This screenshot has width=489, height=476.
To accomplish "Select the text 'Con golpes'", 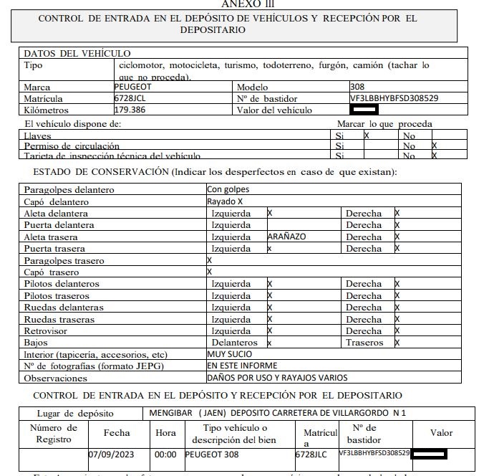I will coord(228,190).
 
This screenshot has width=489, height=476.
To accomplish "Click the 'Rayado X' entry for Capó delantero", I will coord(225,201).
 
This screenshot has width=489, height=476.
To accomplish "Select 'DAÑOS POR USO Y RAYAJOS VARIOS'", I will coord(276,377).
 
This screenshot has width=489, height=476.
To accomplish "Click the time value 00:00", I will coord(165,454).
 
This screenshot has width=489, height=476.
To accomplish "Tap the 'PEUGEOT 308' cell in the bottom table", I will coord(213,454).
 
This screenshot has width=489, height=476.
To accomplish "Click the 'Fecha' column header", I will coord(117,433).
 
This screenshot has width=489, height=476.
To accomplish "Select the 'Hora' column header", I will coord(165,433).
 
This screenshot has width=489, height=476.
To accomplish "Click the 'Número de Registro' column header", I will coord(53,433).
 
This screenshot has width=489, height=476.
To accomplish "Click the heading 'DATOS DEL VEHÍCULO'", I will coord(77,53).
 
